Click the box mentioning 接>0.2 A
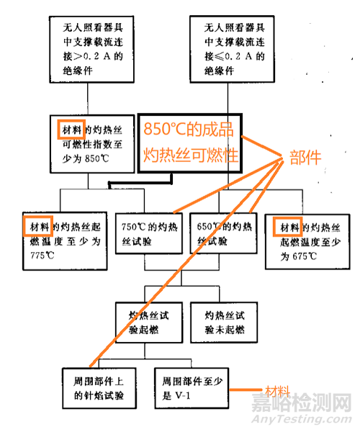pos(91,49)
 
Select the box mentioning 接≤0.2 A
pos(232,49)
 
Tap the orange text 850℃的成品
pos(189,129)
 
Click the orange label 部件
pos(305,158)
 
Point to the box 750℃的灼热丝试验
pos(149,233)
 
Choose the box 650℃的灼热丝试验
pos(223,233)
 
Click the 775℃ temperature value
pos(42,256)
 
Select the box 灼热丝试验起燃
pos(149,323)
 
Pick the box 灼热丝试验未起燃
pos(224,323)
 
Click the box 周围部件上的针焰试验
pos(99,388)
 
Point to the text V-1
pos(183,396)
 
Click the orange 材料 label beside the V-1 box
pos(277,391)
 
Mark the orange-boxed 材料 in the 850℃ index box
pos(71,129)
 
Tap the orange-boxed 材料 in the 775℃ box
pos(38,227)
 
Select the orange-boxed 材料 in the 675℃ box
pos(287,227)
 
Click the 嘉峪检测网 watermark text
pos(302,402)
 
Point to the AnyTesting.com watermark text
pos(302,419)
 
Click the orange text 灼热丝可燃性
pos(191,155)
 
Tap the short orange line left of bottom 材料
pos(246,390)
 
